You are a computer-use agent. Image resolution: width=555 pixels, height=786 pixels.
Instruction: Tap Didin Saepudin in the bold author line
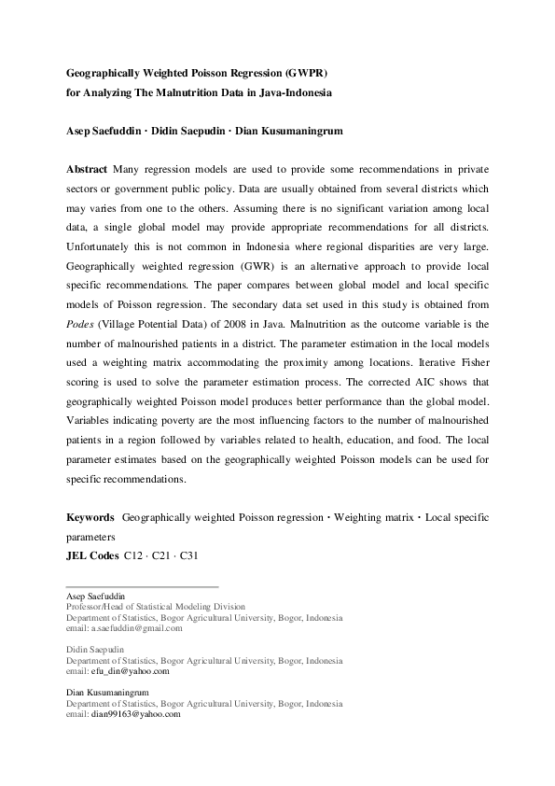[194, 132]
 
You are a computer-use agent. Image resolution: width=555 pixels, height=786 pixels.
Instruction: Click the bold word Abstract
[87, 169]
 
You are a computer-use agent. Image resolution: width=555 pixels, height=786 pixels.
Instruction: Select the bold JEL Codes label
[91, 556]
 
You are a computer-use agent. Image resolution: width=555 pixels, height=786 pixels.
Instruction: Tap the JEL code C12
[135, 556]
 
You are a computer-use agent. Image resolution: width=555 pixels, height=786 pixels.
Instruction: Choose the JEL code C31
[187, 556]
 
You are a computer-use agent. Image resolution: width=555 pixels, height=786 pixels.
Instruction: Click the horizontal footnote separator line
[142, 586]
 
